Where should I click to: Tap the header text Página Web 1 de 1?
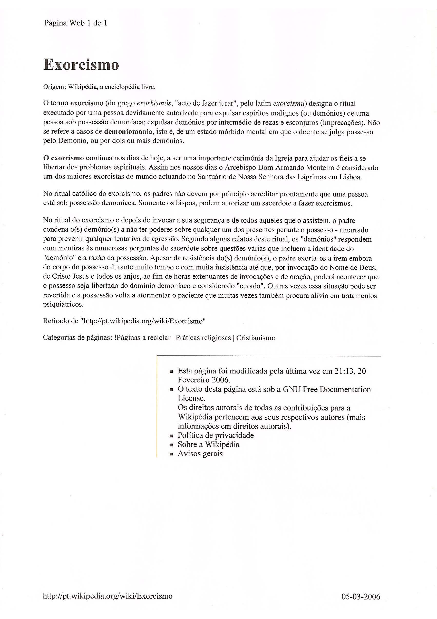click(x=76, y=23)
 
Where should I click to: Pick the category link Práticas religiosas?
click(x=203, y=338)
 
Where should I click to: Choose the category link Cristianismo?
click(x=256, y=338)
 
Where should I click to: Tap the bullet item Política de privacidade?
click(x=216, y=435)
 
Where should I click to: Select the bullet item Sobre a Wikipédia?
click(x=209, y=445)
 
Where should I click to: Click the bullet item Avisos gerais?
click(x=200, y=454)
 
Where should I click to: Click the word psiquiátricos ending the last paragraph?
click(x=63, y=305)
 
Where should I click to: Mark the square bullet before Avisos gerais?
click(x=171, y=454)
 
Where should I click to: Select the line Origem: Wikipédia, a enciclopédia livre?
click(x=99, y=87)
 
